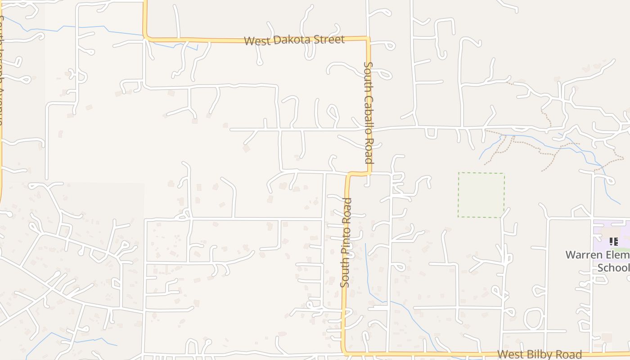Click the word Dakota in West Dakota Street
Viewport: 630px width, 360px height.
point(295,40)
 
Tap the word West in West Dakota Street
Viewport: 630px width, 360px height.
point(257,41)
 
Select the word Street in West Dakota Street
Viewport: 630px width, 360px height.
point(331,39)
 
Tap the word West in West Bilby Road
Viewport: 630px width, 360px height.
point(511,355)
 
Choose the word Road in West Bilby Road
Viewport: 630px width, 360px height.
point(570,355)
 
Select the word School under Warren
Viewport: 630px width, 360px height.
point(613,268)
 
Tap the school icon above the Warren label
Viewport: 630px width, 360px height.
point(613,242)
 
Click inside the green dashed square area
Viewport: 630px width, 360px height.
point(481,195)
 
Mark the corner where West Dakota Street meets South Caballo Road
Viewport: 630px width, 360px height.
point(368,39)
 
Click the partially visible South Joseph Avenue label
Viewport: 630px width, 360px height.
point(2,67)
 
